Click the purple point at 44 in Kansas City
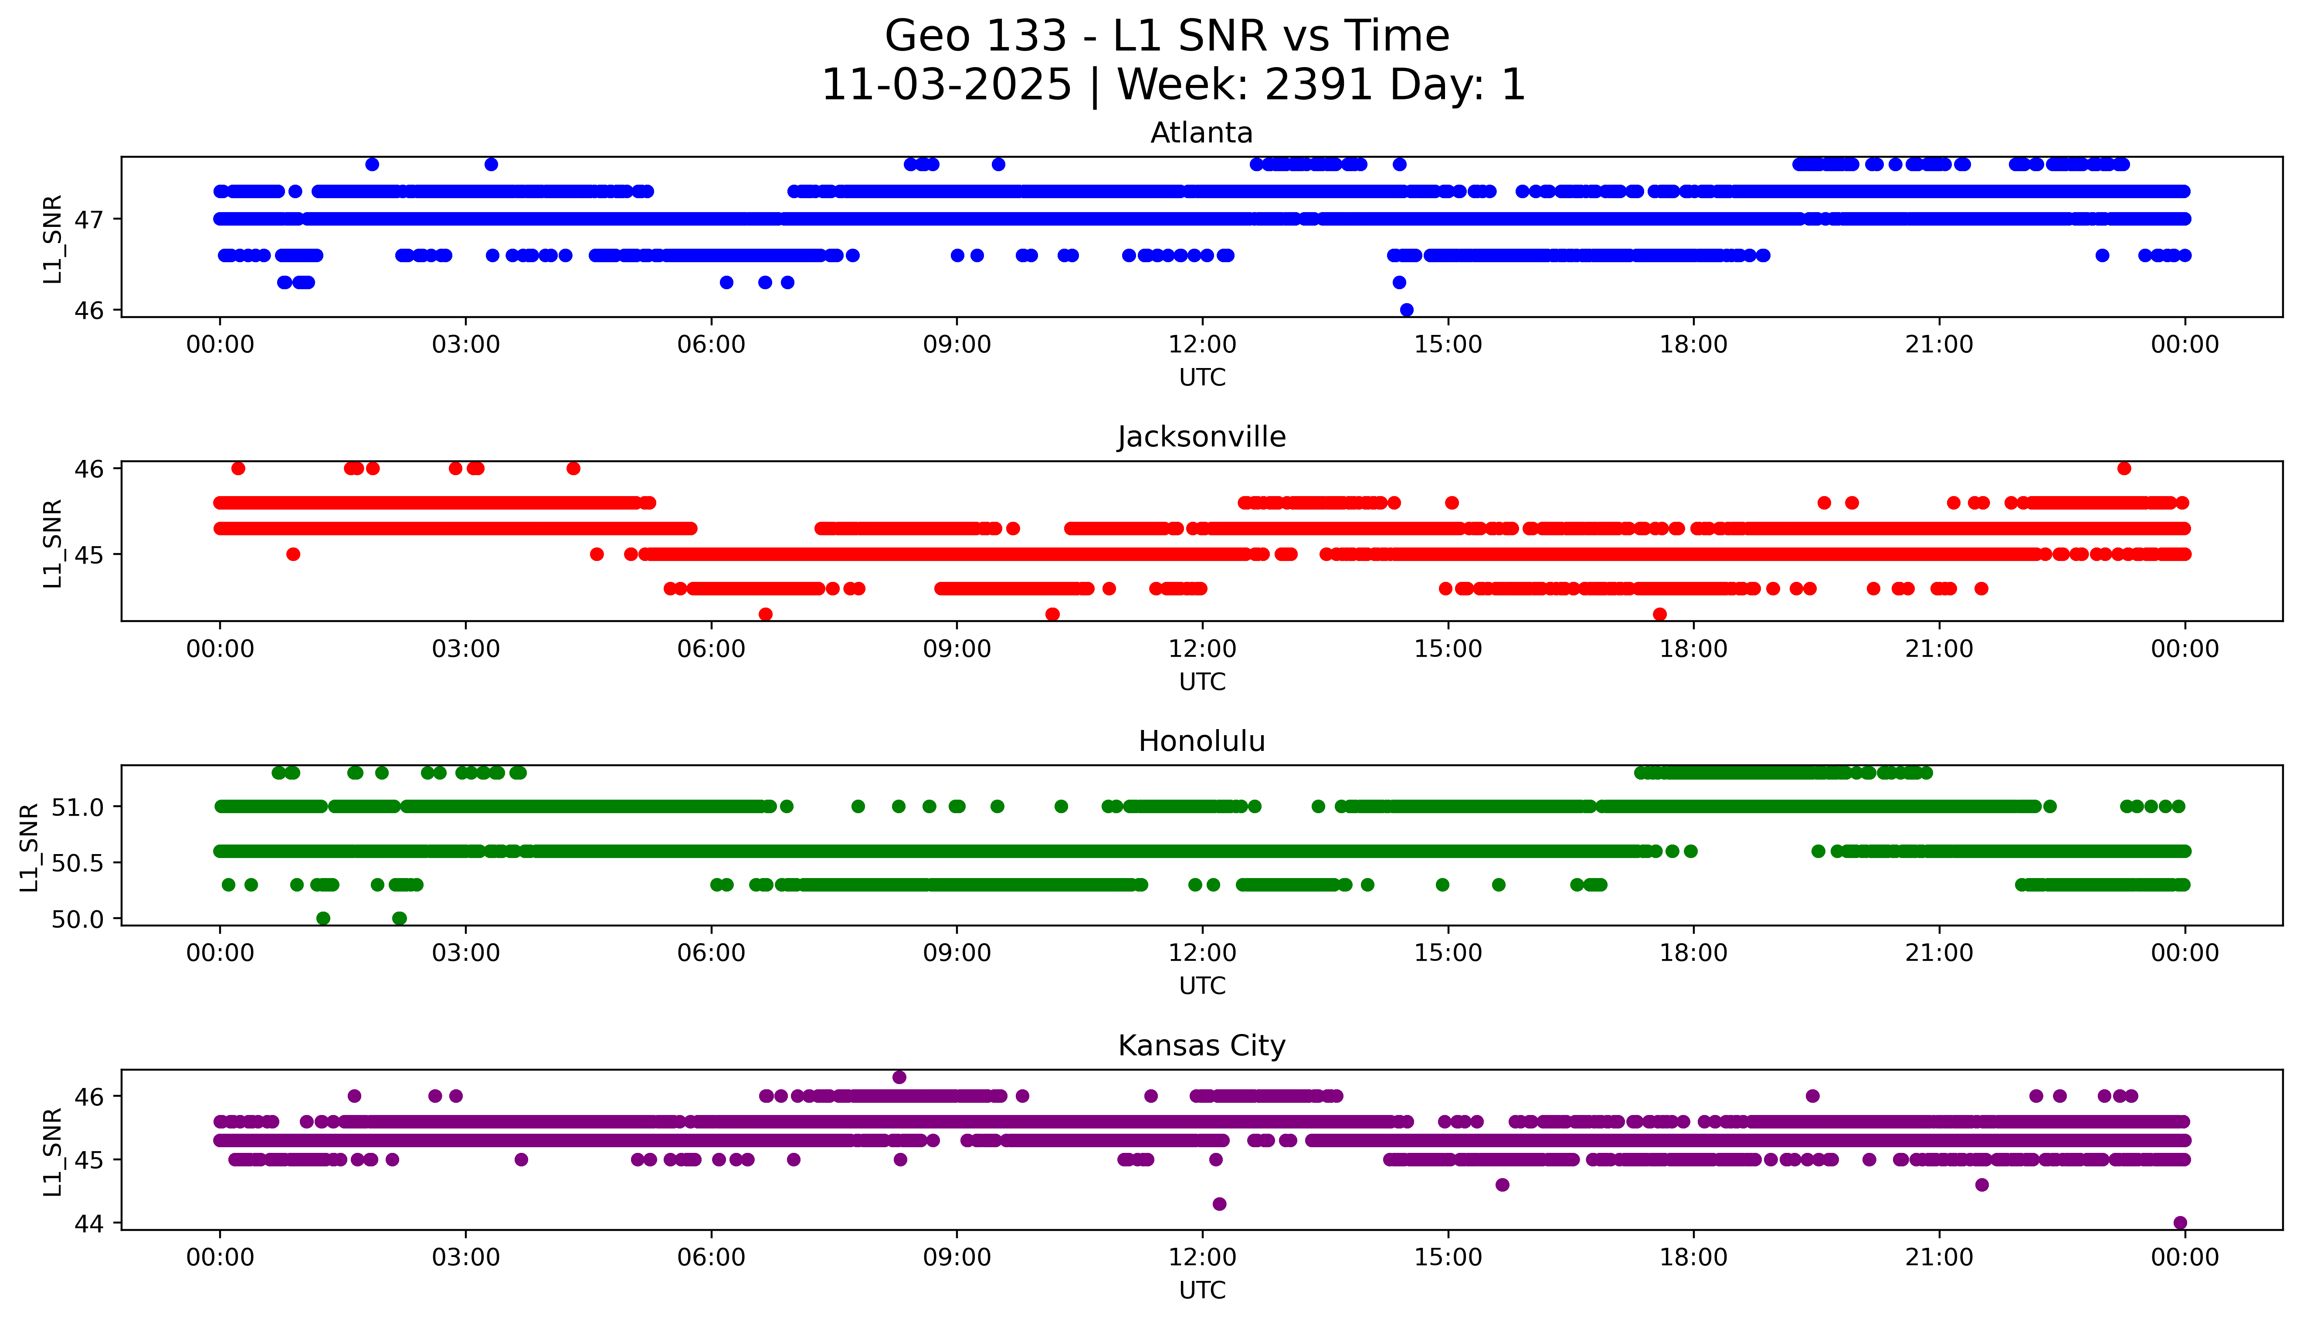[x=2180, y=1222]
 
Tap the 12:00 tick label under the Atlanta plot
[x=1202, y=345]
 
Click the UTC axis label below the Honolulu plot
[x=1202, y=985]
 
